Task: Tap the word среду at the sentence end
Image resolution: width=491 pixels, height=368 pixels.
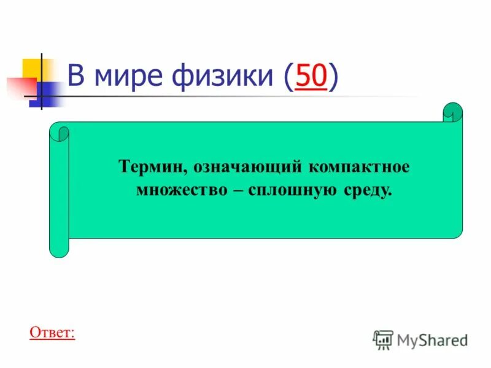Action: tap(366, 190)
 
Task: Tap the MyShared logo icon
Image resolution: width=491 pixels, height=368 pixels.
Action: tap(383, 339)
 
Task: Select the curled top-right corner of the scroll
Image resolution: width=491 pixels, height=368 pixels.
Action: tap(453, 112)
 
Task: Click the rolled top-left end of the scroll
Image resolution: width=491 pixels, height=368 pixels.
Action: tap(60, 132)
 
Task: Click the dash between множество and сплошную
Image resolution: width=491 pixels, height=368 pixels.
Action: tap(239, 190)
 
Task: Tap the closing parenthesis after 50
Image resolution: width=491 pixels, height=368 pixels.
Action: tap(333, 77)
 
